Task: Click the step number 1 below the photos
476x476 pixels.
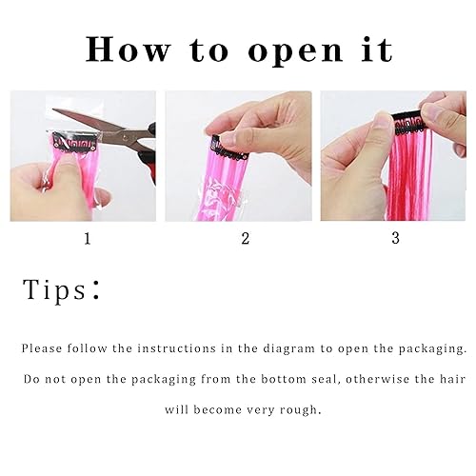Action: click(88, 239)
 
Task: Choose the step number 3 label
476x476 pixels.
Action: click(395, 239)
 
